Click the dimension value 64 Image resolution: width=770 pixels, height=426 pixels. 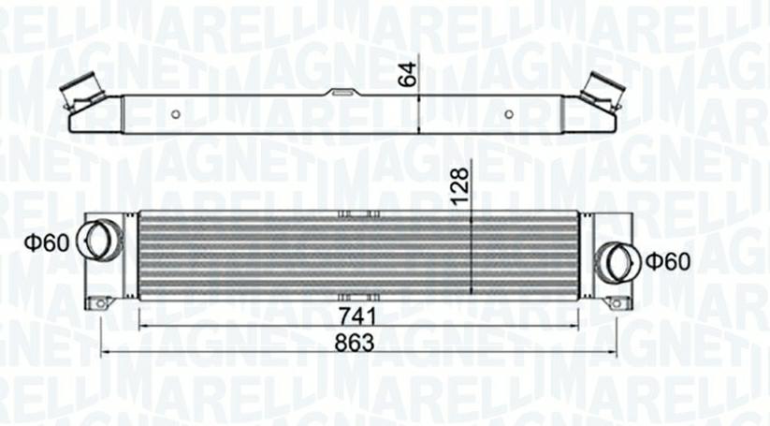pyautogui.click(x=407, y=75)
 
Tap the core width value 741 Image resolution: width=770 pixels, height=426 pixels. pyautogui.click(x=356, y=316)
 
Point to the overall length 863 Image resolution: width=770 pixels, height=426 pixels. pyautogui.click(x=356, y=343)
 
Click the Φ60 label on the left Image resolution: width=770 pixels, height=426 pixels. pyautogui.click(x=46, y=243)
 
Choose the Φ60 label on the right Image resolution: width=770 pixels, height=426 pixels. pyautogui.click(x=668, y=261)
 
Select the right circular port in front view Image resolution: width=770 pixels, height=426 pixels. pyautogui.click(x=617, y=259)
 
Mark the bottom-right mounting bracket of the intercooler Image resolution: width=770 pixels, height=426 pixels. pyautogui.click(x=616, y=302)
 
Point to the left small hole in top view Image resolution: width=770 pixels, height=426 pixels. pyautogui.click(x=175, y=114)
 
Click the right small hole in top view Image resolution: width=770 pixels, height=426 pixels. pyautogui.click(x=508, y=114)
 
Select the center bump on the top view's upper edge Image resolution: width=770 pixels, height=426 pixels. pyautogui.click(x=342, y=92)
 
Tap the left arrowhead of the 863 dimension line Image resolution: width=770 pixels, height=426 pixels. pyautogui.click(x=103, y=353)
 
